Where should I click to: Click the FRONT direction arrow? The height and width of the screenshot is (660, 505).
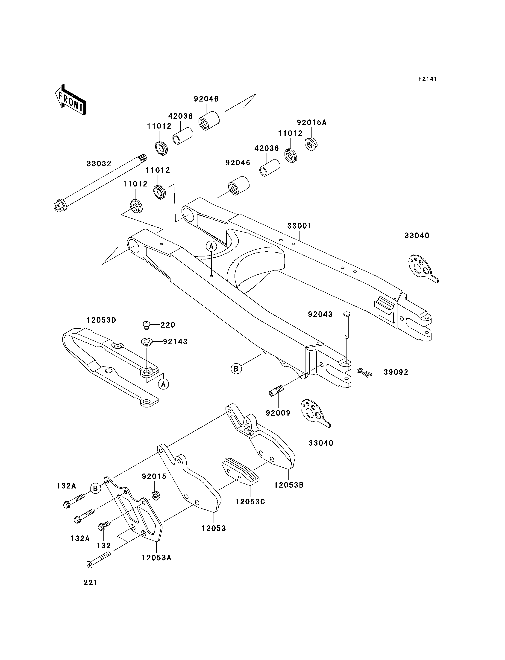(x=71, y=99)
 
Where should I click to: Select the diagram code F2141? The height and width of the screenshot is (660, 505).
(x=427, y=79)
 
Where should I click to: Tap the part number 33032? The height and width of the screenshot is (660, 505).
(x=99, y=164)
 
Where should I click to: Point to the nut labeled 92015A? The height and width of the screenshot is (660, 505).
(x=312, y=144)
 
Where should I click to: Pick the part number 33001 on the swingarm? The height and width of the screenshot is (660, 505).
(x=299, y=226)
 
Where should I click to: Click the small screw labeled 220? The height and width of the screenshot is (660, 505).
(x=146, y=325)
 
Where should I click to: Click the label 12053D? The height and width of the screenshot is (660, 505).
(x=101, y=320)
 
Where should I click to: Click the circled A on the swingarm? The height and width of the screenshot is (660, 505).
(x=211, y=246)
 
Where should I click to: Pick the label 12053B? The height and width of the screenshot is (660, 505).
(x=289, y=485)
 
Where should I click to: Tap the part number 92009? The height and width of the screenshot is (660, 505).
(x=278, y=413)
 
